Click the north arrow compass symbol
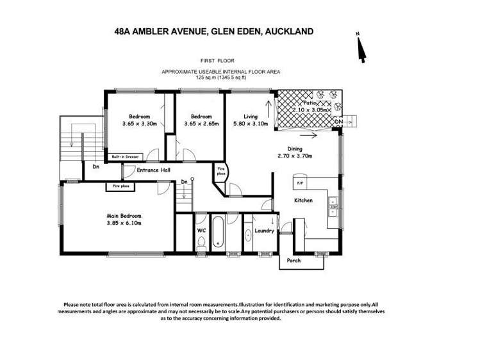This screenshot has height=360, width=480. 361,49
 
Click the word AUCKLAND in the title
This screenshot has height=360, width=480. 283,30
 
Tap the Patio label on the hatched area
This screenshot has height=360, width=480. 311,102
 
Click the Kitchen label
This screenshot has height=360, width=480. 303,200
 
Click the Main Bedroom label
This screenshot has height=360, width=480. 124,216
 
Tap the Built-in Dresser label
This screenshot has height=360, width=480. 125,156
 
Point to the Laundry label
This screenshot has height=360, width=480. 264,231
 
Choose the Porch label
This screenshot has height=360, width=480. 294,261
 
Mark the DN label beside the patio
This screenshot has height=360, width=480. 338,120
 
